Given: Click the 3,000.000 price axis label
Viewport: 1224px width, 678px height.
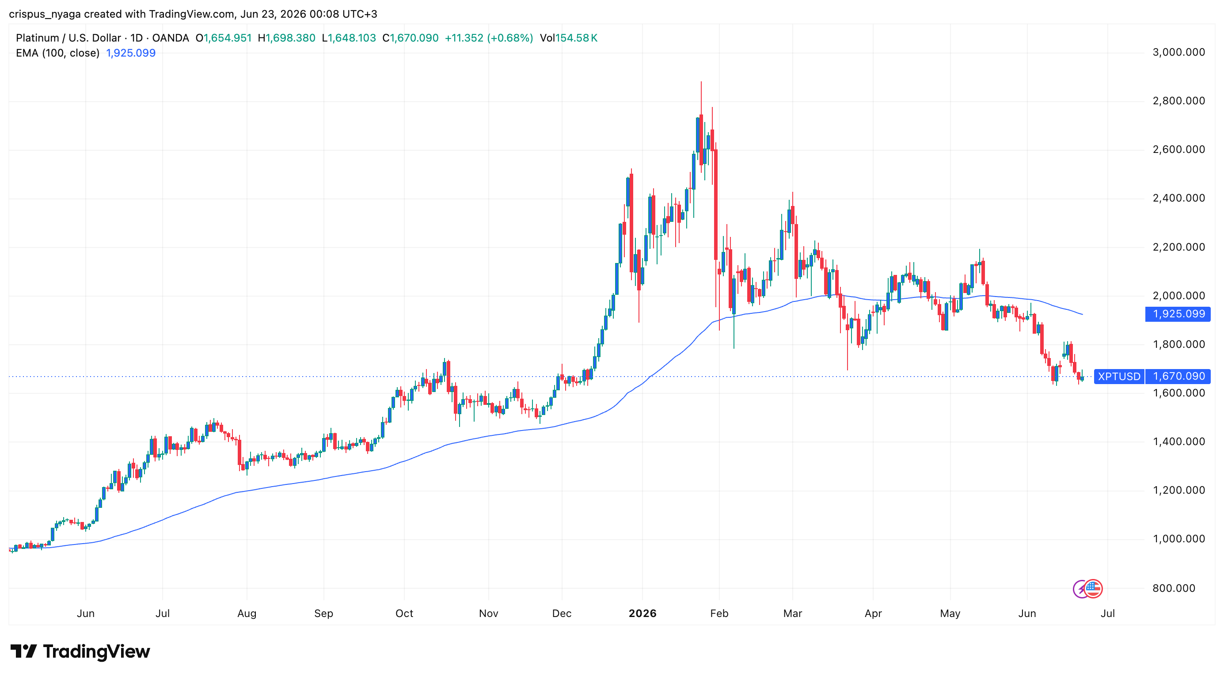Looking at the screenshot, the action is pyautogui.click(x=1178, y=52).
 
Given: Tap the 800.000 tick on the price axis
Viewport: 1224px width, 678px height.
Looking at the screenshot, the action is pyautogui.click(x=1174, y=588).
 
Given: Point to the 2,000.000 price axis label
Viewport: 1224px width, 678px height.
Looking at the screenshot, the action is pyautogui.click(x=1178, y=295).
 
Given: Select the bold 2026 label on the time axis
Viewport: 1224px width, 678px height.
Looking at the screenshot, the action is pyautogui.click(x=642, y=613).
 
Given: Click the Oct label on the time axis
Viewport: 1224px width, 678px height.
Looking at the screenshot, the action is pyautogui.click(x=404, y=613).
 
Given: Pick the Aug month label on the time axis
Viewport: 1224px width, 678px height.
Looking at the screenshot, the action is pyautogui.click(x=247, y=613).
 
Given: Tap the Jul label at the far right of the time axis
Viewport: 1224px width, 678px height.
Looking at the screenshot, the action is pyautogui.click(x=1108, y=613).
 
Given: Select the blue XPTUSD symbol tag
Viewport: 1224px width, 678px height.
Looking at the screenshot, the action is pyautogui.click(x=1119, y=376).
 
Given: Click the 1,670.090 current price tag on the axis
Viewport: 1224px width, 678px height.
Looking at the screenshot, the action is pyautogui.click(x=1178, y=376).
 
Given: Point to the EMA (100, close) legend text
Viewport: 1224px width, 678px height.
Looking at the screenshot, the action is pyautogui.click(x=57, y=53).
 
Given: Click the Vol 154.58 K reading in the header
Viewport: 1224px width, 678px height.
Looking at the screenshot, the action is pyautogui.click(x=568, y=38).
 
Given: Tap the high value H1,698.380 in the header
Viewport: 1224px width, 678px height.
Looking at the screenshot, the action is pyautogui.click(x=286, y=38).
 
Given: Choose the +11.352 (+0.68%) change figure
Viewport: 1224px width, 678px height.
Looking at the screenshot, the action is pyautogui.click(x=488, y=38).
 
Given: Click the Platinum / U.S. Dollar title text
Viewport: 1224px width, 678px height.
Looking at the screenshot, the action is pyautogui.click(x=68, y=38).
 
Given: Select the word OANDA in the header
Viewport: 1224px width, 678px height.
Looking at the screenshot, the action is pyautogui.click(x=171, y=38).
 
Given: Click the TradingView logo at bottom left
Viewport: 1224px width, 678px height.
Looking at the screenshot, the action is pyautogui.click(x=80, y=651).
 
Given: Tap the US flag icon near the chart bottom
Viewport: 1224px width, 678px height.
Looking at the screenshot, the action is pyautogui.click(x=1093, y=589).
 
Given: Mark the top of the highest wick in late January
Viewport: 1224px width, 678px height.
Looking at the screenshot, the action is pyautogui.click(x=701, y=82).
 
